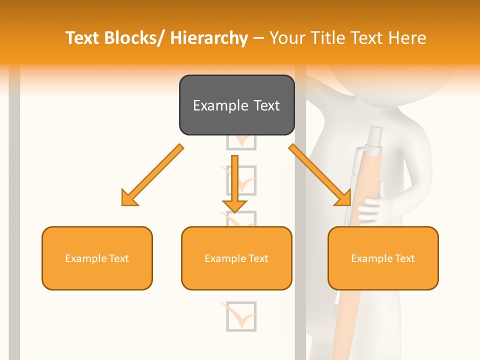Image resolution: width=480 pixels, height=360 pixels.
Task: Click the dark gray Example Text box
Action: pyautogui.click(x=236, y=105)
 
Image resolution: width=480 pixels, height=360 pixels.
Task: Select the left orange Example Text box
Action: pyautogui.click(x=97, y=258)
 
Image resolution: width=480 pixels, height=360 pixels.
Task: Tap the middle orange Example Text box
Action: pyautogui.click(x=236, y=258)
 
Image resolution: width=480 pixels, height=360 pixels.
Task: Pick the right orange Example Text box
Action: pyautogui.click(x=383, y=258)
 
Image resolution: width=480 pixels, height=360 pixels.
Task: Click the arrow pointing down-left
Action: pyautogui.click(x=152, y=175)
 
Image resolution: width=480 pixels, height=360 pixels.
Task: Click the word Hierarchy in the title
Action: pyautogui.click(x=209, y=38)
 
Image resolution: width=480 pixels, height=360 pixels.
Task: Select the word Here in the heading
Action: pyautogui.click(x=408, y=38)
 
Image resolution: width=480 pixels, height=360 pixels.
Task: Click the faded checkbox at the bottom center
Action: pyautogui.click(x=241, y=316)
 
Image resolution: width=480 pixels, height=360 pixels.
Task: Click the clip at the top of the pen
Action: pyautogui.click(x=358, y=165)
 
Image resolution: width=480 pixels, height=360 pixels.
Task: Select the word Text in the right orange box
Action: pyautogui.click(x=405, y=258)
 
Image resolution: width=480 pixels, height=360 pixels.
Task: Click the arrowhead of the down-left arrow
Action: pyautogui.click(x=129, y=198)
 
